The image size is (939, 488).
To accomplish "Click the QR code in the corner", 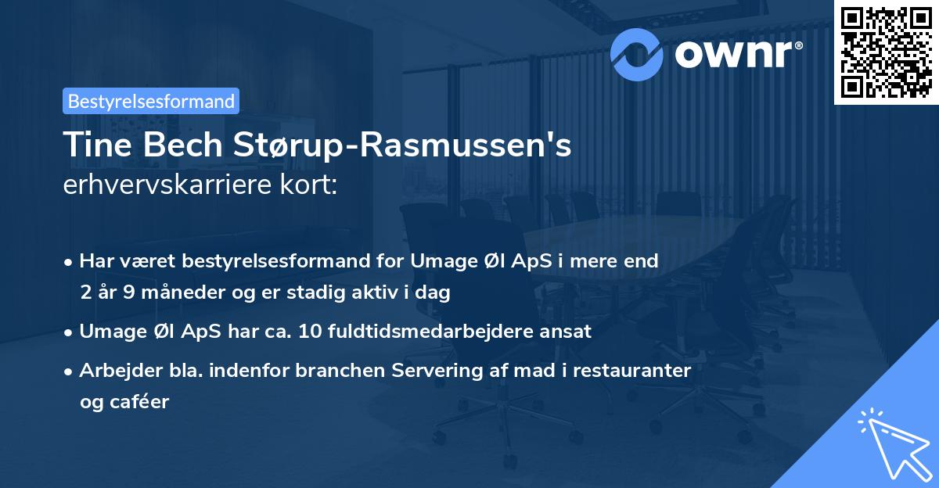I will coord(887,52).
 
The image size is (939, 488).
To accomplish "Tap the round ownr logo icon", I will coord(638,52).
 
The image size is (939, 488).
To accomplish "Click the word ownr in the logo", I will coord(736,53).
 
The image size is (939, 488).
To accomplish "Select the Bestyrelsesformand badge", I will coord(151,101).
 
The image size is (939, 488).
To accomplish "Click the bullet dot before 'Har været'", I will coord(70,261).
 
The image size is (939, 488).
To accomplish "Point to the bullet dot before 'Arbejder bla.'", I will coord(70,371).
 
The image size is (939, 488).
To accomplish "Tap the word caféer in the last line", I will coord(142,402).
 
